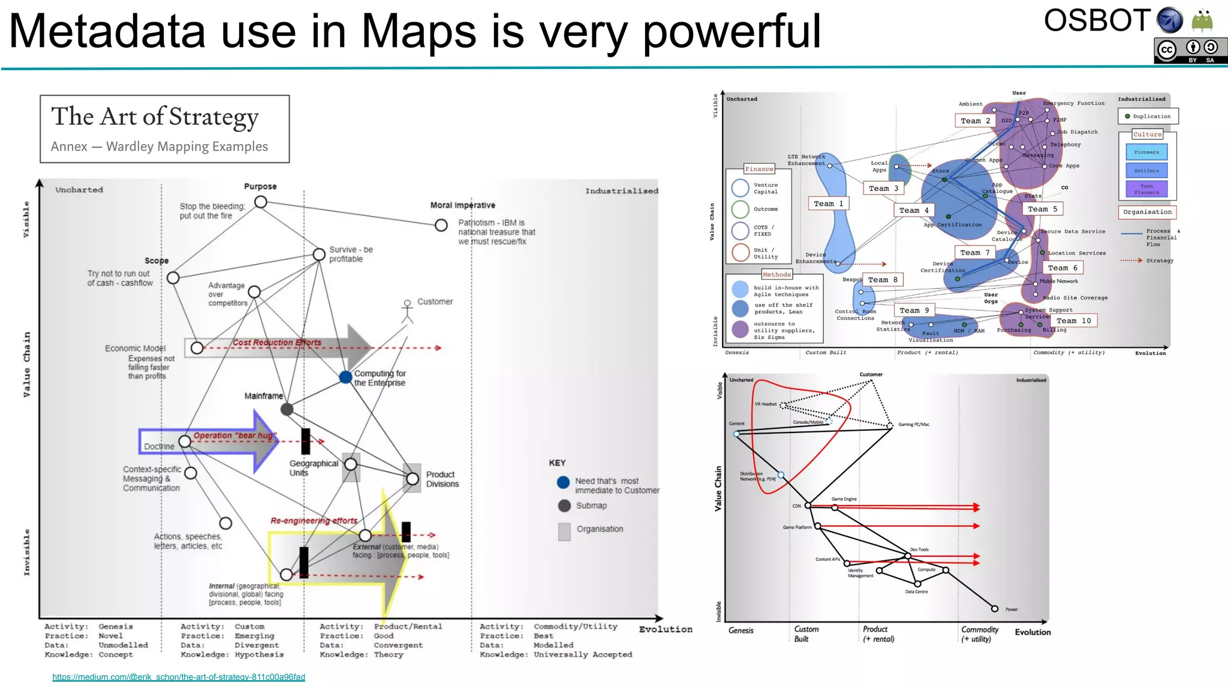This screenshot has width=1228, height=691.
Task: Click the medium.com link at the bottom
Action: (x=179, y=677)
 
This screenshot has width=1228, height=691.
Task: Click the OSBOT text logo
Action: (x=1097, y=21)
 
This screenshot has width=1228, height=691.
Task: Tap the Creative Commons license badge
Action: (x=1190, y=50)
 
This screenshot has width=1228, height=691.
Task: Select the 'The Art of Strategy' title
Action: (x=155, y=116)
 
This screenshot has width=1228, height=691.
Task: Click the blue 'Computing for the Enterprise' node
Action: (x=345, y=377)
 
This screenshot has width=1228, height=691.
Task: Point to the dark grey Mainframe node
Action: (x=287, y=410)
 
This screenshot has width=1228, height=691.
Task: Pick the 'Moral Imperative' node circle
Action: (x=441, y=225)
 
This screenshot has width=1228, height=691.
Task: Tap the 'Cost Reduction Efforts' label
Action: (x=277, y=343)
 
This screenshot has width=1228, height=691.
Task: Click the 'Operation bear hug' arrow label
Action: (x=234, y=435)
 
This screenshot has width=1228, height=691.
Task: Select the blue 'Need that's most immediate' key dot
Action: (x=564, y=482)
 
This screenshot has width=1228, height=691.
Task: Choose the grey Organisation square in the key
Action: (x=564, y=531)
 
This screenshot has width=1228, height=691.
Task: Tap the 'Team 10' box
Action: (x=1073, y=321)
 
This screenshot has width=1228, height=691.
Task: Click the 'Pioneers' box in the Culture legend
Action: (x=1146, y=152)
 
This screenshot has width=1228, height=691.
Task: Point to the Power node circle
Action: (x=995, y=609)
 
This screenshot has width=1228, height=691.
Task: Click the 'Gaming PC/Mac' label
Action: (x=914, y=425)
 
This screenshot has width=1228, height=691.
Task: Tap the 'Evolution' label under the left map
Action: (x=666, y=629)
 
